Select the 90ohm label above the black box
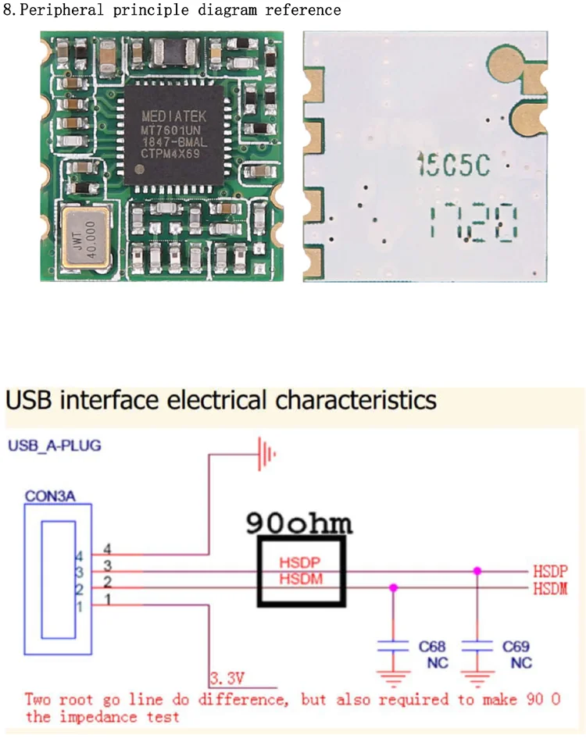pyautogui.click(x=298, y=522)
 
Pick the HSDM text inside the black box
pyautogui.click(x=299, y=579)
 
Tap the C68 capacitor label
pyautogui.click(x=432, y=647)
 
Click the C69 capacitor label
pyautogui.click(x=516, y=647)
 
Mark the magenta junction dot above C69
pyautogui.click(x=477, y=571)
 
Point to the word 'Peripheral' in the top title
pyautogui.click(x=59, y=10)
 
